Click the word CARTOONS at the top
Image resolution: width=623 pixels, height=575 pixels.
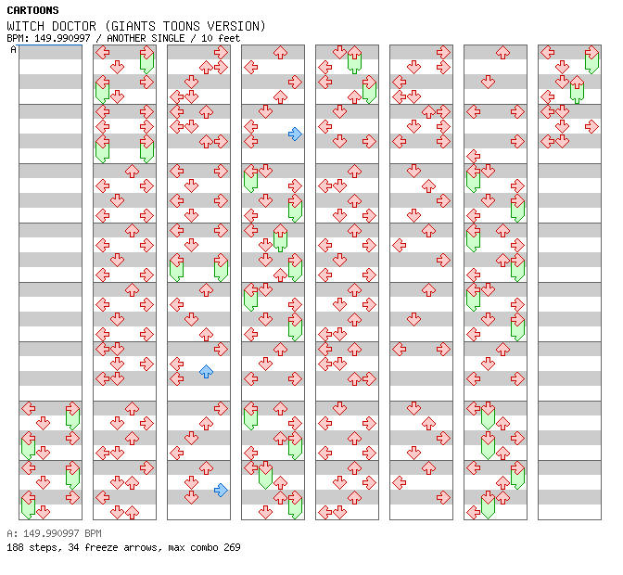click(33, 10)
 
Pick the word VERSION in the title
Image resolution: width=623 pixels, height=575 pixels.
click(234, 26)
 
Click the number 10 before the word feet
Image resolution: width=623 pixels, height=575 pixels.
click(207, 38)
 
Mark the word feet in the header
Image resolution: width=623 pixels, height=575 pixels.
click(229, 38)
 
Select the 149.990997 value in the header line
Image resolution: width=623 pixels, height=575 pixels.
click(62, 38)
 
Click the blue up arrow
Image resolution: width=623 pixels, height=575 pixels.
click(206, 372)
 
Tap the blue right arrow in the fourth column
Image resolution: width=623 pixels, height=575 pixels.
click(295, 134)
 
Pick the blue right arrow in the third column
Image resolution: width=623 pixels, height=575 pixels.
click(221, 491)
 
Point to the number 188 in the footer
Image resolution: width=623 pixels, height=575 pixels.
click(15, 547)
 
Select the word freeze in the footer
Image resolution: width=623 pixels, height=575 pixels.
click(101, 547)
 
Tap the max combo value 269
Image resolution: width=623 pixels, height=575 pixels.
click(232, 547)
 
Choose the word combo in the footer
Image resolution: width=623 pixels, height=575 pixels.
click(204, 547)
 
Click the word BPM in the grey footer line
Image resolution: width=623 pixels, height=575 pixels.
click(93, 533)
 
